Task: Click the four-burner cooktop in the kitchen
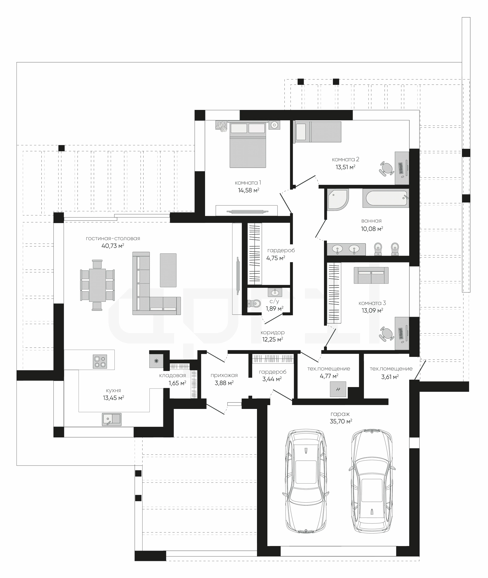tap(100, 361)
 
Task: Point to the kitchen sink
tap(112, 419)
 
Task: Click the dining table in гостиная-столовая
tap(97, 285)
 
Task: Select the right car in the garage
tap(372, 481)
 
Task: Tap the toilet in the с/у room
tap(254, 304)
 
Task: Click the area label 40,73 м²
tap(113, 246)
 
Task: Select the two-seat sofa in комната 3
tap(371, 275)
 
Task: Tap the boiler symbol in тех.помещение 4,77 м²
tap(338, 389)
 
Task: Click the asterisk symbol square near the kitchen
tap(156, 361)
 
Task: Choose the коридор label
tap(272, 333)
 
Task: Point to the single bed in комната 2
tap(318, 132)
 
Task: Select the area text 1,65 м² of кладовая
tap(177, 383)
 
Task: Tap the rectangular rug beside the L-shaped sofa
tap(168, 270)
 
